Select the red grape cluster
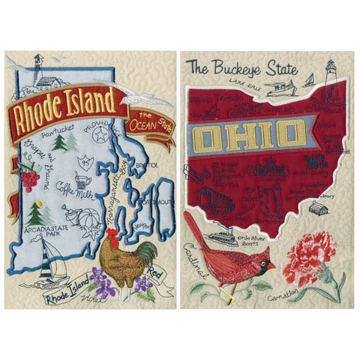tap(30, 178)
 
